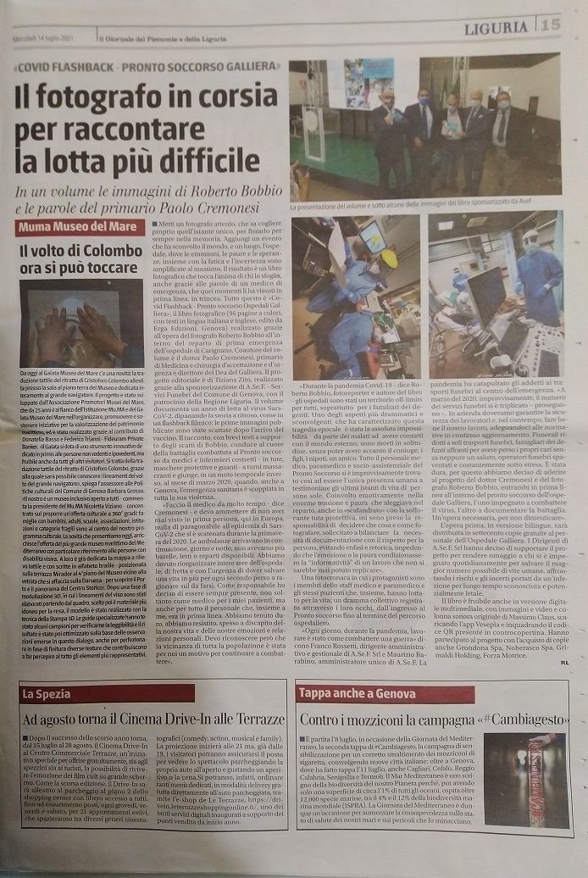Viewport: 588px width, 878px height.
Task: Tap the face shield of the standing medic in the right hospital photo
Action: click(531, 246)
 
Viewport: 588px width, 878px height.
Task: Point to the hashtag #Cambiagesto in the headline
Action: click(521, 720)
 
